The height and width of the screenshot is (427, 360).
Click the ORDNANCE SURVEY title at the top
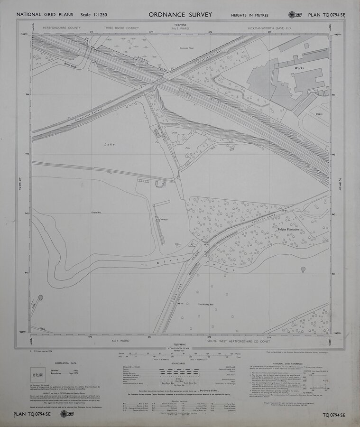(x=180, y=15)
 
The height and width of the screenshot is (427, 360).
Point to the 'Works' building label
(x=298, y=68)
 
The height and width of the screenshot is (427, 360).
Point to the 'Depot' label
(x=319, y=114)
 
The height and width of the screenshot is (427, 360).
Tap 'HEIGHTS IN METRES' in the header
(x=249, y=15)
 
